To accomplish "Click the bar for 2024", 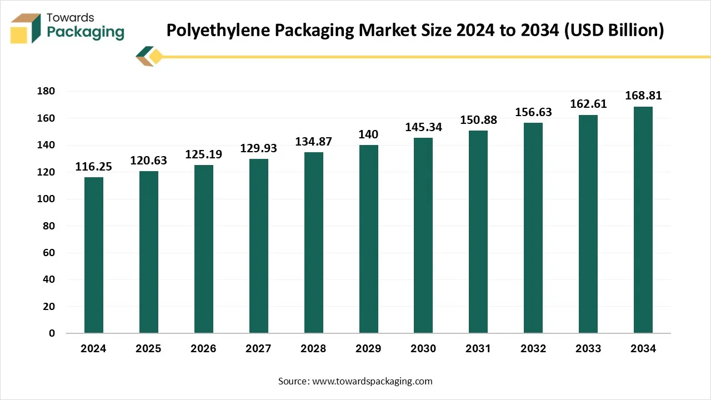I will coord(93,255).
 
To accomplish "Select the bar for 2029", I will coord(368,239).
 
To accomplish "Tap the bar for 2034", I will coord(643,220).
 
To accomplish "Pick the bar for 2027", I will coord(258,246).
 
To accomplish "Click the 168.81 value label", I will coord(643,96).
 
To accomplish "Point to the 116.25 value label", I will coord(93,167).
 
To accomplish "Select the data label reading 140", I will coord(368,134).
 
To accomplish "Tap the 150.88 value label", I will coord(478,120).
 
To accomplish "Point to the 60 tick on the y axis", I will coord(50,253).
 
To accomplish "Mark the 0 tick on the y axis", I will coord(52,333).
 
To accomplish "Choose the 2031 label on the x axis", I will coord(478,349).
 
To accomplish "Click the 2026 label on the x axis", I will coord(203,349).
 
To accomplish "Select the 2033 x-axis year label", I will coord(588,349).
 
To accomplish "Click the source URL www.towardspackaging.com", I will coord(372,381).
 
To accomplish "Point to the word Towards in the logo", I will coord(71,18).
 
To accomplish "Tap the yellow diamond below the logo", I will coord(156,56).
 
